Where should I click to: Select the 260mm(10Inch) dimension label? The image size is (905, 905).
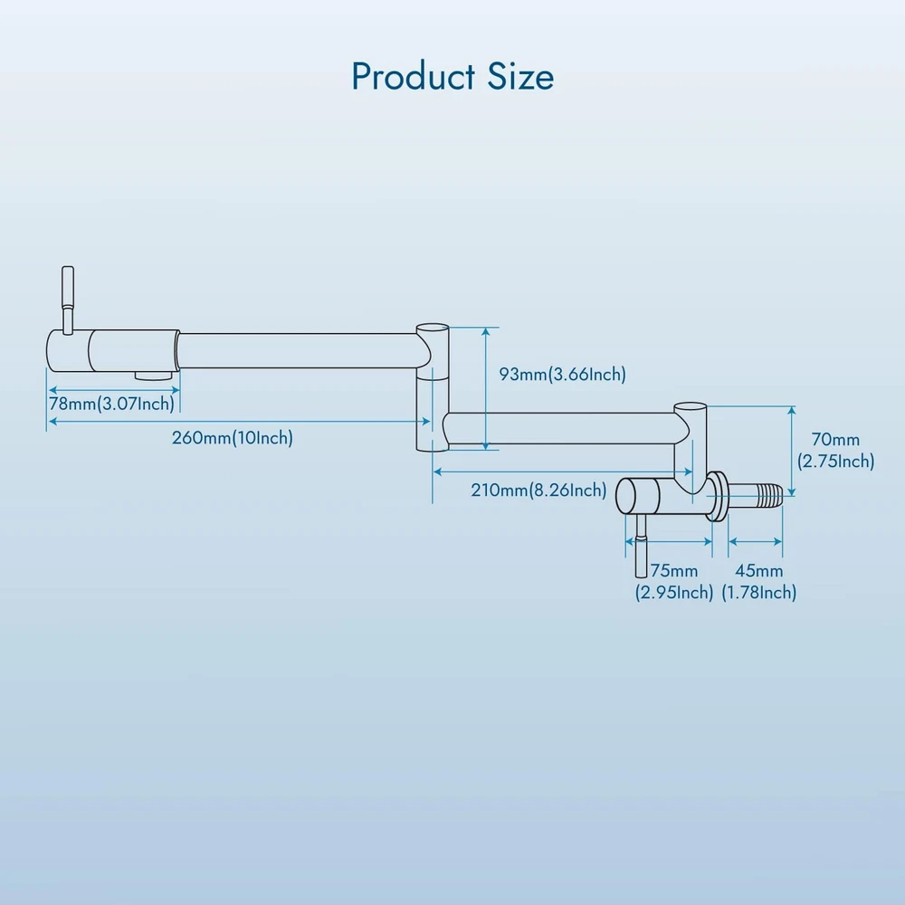tap(233, 438)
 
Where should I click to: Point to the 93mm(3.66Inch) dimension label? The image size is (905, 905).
tap(563, 374)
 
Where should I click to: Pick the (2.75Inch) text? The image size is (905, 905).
tap(835, 462)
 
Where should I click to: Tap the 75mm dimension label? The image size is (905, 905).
tap(674, 571)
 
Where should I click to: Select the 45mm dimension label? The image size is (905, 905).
tap(759, 571)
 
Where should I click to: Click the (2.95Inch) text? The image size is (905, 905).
tap(674, 593)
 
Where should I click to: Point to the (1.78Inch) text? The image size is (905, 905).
tap(759, 593)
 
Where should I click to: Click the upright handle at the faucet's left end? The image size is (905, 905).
tap(68, 294)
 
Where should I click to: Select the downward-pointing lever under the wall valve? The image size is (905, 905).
tap(640, 543)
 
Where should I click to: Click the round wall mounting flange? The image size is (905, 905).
tap(719, 497)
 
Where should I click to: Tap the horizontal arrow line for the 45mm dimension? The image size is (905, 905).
tap(756, 541)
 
